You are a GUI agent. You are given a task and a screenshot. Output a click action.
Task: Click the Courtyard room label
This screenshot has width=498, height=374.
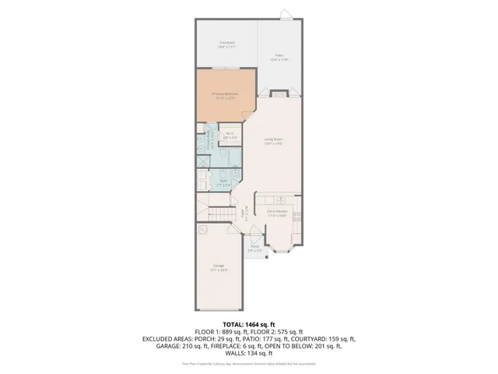coord(226,44)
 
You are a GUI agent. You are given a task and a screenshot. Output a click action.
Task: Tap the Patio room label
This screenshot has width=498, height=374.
coord(279,57)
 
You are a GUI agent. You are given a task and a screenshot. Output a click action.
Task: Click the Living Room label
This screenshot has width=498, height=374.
coord(272,142)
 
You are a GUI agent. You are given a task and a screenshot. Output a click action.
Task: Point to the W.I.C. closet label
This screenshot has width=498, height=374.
coord(230,136)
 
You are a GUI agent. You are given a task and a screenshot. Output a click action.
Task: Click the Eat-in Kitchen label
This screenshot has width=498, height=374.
coord(278,213)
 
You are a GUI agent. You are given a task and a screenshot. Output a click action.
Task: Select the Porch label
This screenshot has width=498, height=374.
coord(254,249)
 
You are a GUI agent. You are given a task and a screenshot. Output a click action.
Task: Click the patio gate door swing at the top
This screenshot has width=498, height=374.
coord(286,13)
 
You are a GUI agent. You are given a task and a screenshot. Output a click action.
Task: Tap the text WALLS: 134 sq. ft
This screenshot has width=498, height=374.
coord(248,355)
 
